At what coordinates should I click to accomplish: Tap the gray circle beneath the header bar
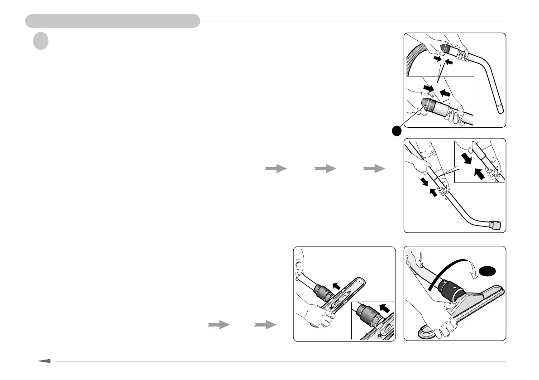[x=40, y=41]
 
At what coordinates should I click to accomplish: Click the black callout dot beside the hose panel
[x=396, y=130]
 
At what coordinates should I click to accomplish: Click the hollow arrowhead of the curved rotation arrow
[x=472, y=271]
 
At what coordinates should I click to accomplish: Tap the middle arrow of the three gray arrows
[x=325, y=168]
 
